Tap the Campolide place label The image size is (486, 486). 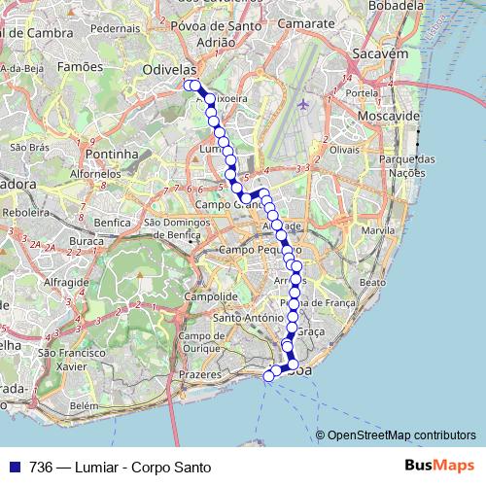click(211, 295)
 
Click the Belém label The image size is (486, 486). click(84, 405)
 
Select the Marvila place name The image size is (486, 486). click(378, 231)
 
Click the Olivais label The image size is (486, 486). click(345, 151)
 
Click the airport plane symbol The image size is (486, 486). click(304, 103)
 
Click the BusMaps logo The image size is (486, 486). click(440, 466)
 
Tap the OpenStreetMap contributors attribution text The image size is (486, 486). click(400, 435)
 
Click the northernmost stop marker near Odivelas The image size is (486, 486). click(190, 86)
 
